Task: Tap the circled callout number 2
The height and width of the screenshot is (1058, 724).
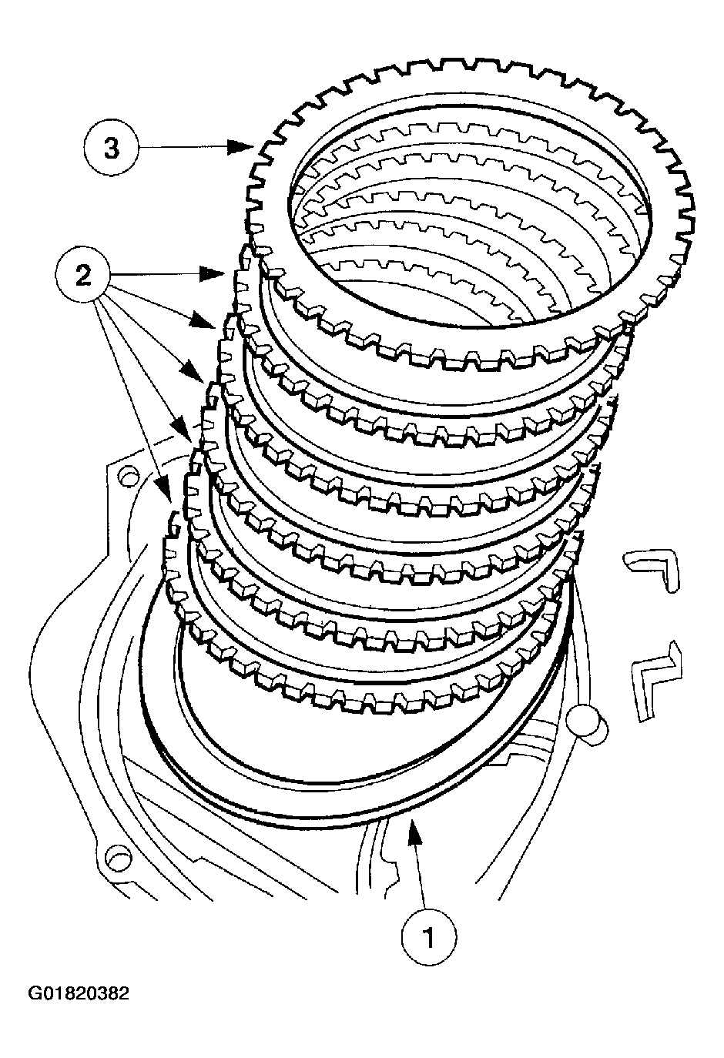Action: pos(84,273)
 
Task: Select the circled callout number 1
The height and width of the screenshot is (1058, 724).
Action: pos(429,936)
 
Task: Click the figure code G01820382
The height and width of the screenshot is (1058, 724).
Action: pos(79,993)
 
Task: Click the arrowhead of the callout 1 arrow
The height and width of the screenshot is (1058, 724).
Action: pos(413,830)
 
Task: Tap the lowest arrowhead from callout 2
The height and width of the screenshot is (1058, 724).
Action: pos(164,491)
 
